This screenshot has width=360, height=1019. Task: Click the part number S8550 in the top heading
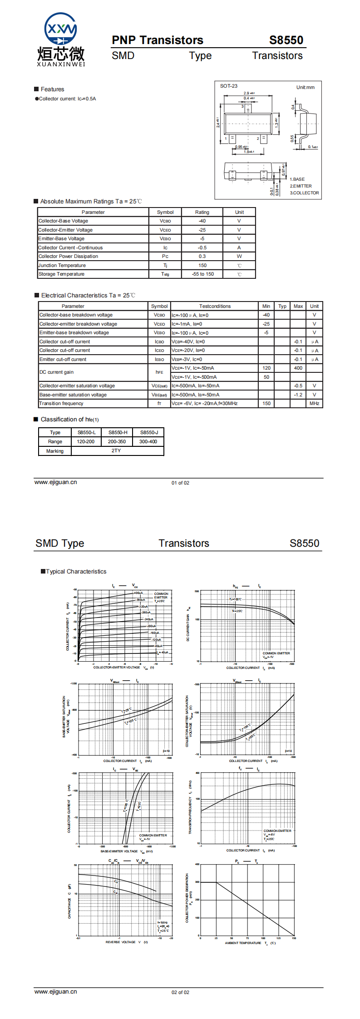(x=286, y=40)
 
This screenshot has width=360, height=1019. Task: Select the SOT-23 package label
(x=229, y=86)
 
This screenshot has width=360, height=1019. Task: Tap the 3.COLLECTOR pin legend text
(x=304, y=193)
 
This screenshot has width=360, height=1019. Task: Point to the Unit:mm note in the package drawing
(x=305, y=87)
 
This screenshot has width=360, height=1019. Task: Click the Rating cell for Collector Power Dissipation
(x=202, y=256)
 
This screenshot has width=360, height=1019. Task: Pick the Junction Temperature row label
(x=62, y=265)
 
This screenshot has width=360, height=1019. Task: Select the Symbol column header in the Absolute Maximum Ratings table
(x=165, y=212)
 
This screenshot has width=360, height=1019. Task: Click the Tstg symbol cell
(x=165, y=274)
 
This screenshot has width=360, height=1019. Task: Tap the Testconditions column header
(x=215, y=306)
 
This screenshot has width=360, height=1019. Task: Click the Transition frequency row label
(x=61, y=403)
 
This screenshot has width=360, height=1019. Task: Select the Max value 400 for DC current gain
(x=298, y=368)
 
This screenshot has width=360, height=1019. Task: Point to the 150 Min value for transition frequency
(x=266, y=403)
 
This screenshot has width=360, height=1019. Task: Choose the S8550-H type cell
(x=118, y=432)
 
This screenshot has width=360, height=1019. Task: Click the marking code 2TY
(x=116, y=451)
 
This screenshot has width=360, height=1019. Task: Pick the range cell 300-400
(x=148, y=441)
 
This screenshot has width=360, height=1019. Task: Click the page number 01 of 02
(x=180, y=483)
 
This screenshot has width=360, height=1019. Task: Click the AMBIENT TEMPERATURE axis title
(x=243, y=943)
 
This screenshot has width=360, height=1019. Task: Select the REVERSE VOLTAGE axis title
(x=121, y=942)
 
